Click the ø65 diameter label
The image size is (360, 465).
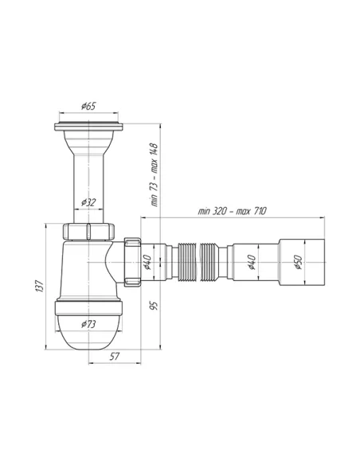pyautogui.click(x=88, y=106)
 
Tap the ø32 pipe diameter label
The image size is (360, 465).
pyautogui.click(x=88, y=202)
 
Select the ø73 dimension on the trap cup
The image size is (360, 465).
pyautogui.click(x=88, y=324)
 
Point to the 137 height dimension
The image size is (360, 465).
pyautogui.click(x=40, y=286)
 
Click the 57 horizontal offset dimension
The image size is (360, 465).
pyautogui.click(x=115, y=357)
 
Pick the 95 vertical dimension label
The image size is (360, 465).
pyautogui.click(x=154, y=306)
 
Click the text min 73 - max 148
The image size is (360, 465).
pyautogui.click(x=155, y=175)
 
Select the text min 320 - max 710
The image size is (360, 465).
pyautogui.click(x=233, y=211)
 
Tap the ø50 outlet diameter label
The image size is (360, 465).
pyautogui.click(x=298, y=262)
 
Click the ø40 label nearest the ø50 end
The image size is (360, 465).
pyautogui.click(x=252, y=262)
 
